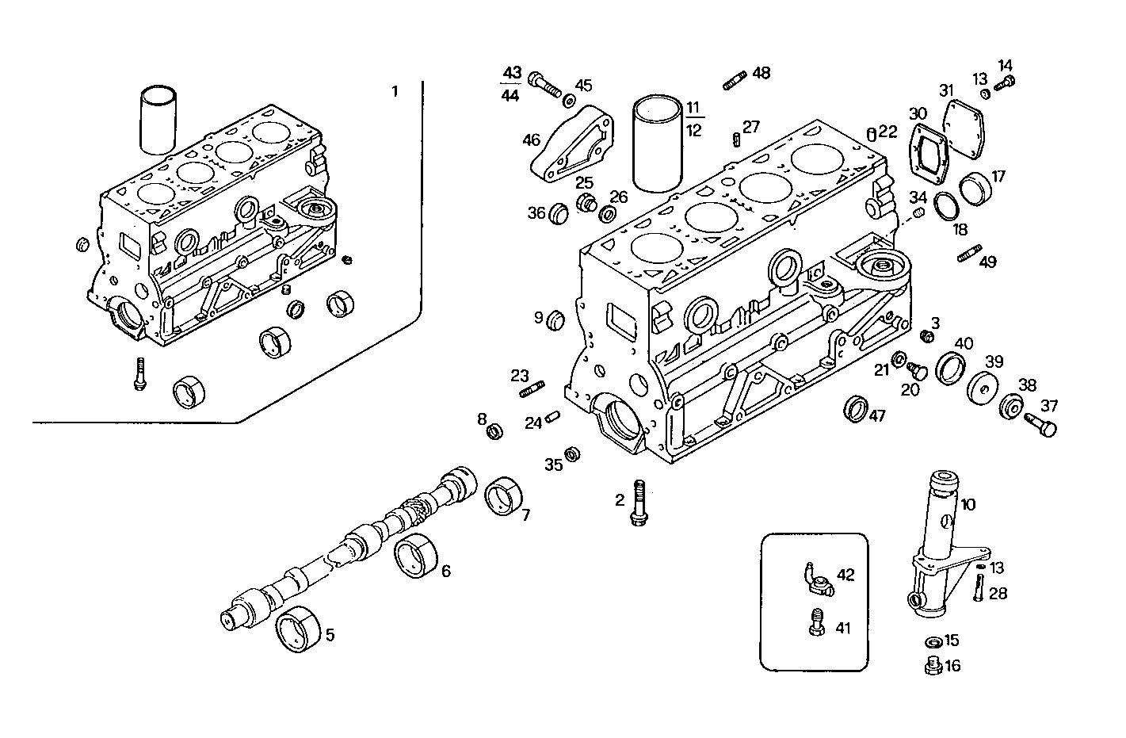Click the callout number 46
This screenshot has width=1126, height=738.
[531, 140]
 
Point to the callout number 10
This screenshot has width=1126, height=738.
[968, 503]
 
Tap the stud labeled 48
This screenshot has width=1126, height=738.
[734, 80]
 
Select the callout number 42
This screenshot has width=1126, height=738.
[845, 575]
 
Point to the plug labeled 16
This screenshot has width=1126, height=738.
[932, 666]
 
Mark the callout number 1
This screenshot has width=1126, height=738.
[395, 91]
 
